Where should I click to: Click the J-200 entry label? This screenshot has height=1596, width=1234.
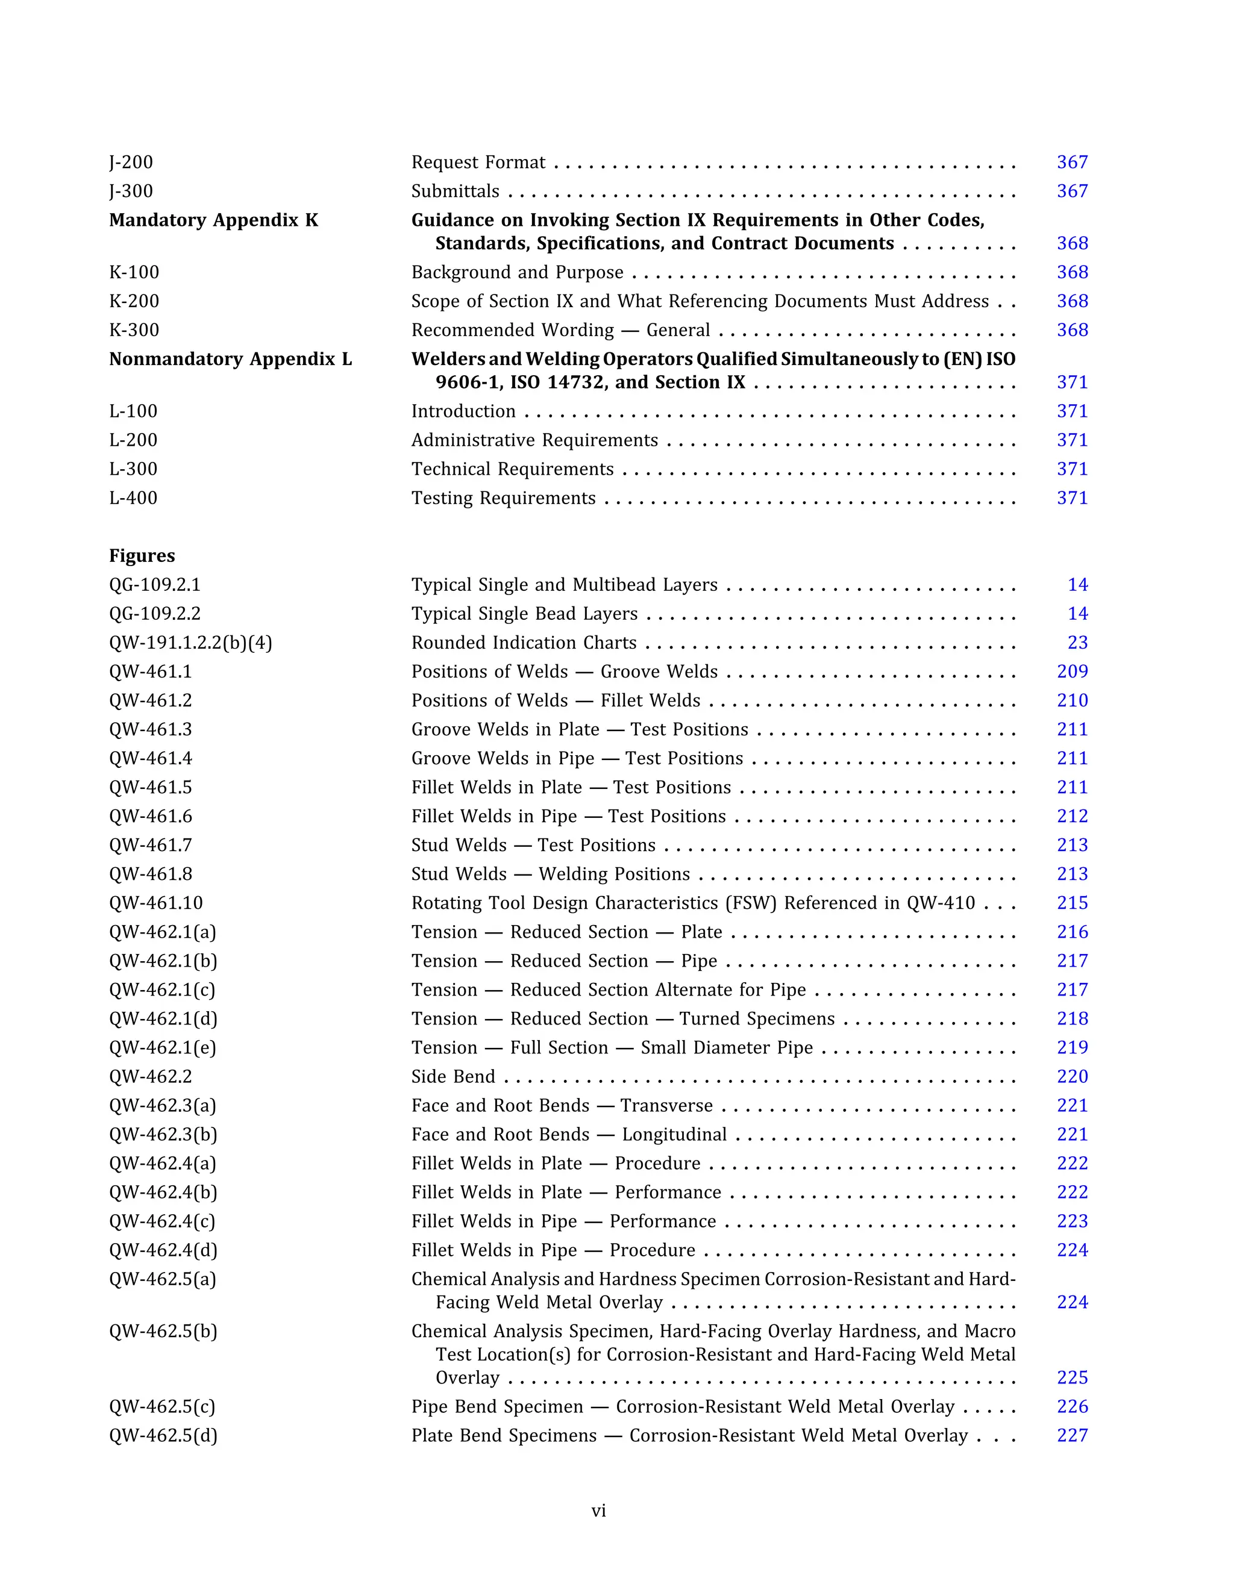[x=131, y=162]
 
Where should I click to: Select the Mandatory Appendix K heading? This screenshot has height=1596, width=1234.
[x=213, y=220]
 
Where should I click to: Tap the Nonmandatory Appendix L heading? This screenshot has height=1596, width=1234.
[x=230, y=359]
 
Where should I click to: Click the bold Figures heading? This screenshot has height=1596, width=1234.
[x=142, y=555]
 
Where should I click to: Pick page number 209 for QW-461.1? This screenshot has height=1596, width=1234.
[x=1072, y=672]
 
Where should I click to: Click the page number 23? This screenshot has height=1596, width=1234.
[x=1077, y=643]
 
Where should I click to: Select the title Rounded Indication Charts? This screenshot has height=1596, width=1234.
[x=524, y=643]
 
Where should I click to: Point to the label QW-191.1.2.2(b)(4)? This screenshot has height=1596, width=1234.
[x=190, y=643]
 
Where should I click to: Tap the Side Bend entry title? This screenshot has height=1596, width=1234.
[x=453, y=1076]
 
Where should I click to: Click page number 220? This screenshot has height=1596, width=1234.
[x=1072, y=1076]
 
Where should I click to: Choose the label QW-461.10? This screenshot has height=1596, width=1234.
[x=155, y=903]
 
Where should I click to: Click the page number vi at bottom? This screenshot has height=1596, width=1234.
[x=599, y=1510]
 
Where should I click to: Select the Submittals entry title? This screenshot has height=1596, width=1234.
[x=455, y=192]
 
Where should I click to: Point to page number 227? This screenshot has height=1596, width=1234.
[x=1072, y=1435]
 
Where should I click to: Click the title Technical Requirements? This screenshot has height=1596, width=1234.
[x=512, y=469]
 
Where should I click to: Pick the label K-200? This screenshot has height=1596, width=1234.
[x=134, y=301]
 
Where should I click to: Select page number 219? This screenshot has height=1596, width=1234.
[x=1072, y=1048]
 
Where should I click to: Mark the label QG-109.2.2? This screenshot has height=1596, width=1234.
[x=154, y=614]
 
